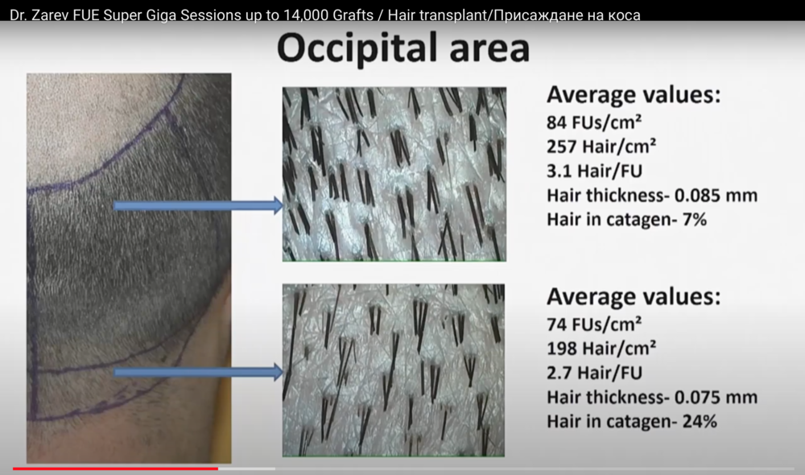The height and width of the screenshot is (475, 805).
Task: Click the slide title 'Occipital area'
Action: pyautogui.click(x=403, y=48)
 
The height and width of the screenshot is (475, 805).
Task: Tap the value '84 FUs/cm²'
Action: pyautogui.click(x=594, y=122)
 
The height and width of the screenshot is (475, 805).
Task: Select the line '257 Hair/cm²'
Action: pyautogui.click(x=601, y=147)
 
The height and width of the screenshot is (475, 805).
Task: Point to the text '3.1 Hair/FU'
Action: pyautogui.click(x=595, y=171)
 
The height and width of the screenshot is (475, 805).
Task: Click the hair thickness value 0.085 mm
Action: pyautogui.click(x=716, y=196)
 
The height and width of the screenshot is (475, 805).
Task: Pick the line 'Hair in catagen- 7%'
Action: pyautogui.click(x=627, y=220)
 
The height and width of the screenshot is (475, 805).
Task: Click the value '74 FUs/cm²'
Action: pyautogui.click(x=594, y=324)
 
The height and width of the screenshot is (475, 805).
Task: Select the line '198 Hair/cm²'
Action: pyautogui.click(x=601, y=349)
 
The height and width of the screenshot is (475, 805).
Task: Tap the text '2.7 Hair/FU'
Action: pyautogui.click(x=595, y=373)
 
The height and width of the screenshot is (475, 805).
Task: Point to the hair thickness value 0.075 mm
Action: pyautogui.click(x=716, y=398)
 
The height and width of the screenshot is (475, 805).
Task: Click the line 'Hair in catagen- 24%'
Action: pyautogui.click(x=632, y=422)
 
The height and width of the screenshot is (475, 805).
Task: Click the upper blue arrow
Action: pyautogui.click(x=198, y=206)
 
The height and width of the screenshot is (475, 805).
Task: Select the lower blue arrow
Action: pyautogui.click(x=198, y=372)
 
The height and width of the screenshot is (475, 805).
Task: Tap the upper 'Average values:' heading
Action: pyautogui.click(x=634, y=95)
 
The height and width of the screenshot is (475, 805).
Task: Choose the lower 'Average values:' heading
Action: pyautogui.click(x=634, y=297)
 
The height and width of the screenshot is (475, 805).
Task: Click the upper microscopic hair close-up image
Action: pyautogui.click(x=394, y=174)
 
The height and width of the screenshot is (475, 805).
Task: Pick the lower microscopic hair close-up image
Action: pyautogui.click(x=394, y=370)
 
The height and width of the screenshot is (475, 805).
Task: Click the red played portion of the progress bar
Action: pyautogui.click(x=115, y=469)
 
